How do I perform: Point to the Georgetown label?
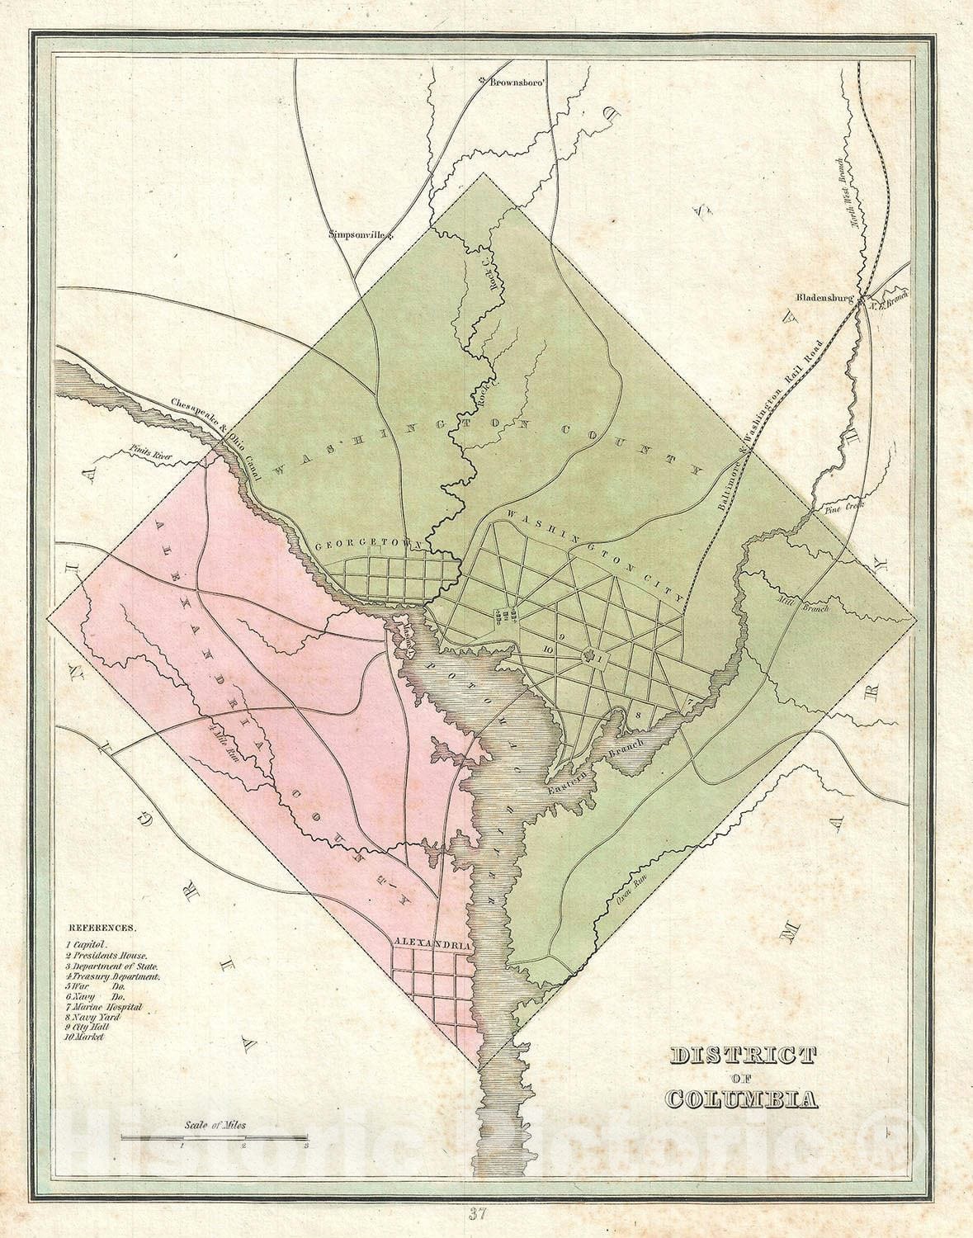pos(369,546)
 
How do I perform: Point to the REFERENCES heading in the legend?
pos(103,928)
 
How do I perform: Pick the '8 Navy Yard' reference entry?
pos(94,1018)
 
